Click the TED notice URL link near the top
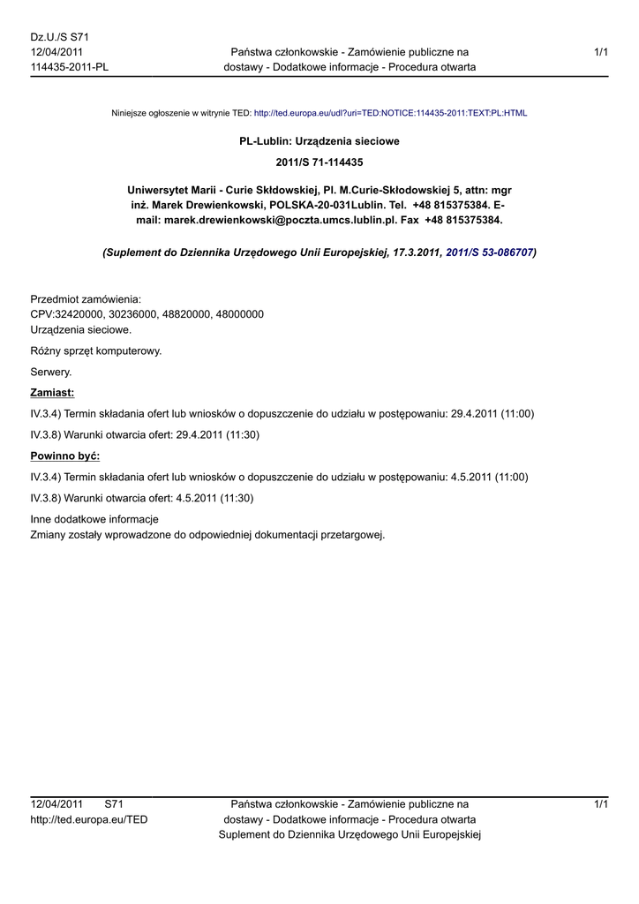(x=390, y=114)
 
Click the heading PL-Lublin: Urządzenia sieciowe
(x=319, y=141)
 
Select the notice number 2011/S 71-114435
(x=319, y=162)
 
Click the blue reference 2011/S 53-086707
(x=490, y=252)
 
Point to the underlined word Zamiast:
(x=53, y=392)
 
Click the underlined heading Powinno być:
(x=65, y=456)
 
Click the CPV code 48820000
(x=188, y=314)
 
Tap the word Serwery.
(x=51, y=372)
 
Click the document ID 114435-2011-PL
(x=70, y=67)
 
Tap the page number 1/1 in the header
(x=601, y=53)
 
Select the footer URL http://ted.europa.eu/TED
(x=89, y=819)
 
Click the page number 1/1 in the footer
(x=601, y=804)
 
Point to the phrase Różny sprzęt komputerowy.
(x=96, y=350)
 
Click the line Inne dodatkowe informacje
(x=94, y=519)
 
